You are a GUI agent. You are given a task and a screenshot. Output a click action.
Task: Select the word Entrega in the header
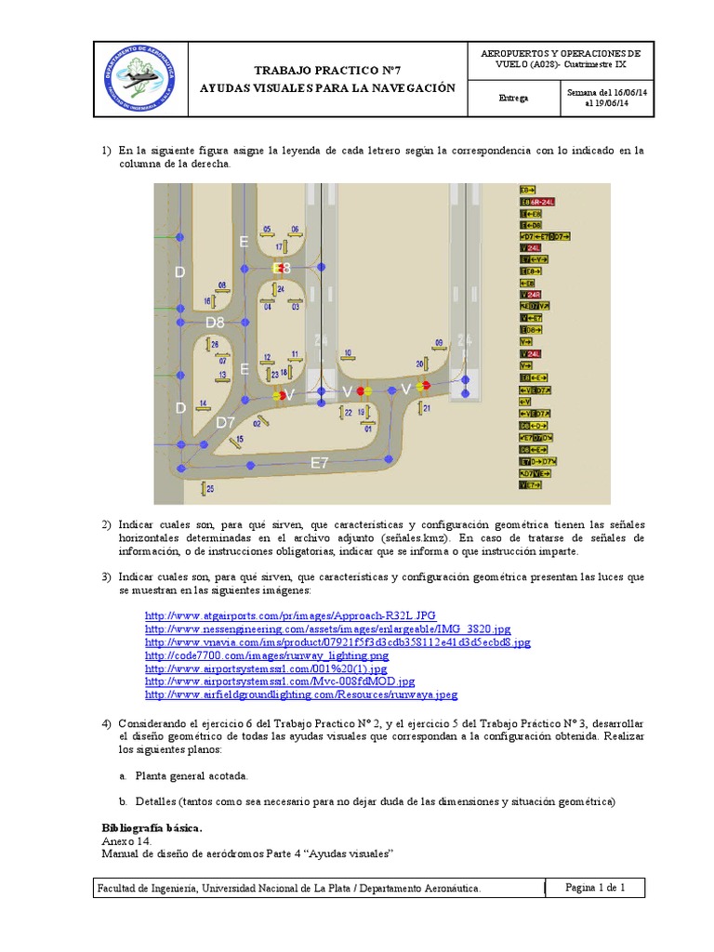coord(513,98)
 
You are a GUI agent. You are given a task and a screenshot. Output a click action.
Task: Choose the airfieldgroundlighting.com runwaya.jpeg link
coord(301,694)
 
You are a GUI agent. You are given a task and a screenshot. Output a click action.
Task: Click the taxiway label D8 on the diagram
coord(216,323)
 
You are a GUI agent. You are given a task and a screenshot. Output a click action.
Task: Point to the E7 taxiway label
coord(320,463)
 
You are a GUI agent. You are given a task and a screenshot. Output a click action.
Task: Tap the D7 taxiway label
coord(226,423)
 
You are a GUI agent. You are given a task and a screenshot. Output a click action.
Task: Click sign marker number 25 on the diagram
coord(210,488)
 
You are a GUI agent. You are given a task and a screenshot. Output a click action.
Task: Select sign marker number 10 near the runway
coord(348,353)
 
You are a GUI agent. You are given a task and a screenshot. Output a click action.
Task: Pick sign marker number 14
coord(203,403)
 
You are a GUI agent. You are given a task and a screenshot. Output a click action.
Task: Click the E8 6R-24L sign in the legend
coord(537,201)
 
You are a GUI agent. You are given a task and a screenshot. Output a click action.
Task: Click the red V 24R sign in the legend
coord(531,295)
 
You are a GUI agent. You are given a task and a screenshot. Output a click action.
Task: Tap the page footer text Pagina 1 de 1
coord(595,888)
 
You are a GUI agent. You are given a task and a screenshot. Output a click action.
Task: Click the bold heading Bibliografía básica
coord(151,827)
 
